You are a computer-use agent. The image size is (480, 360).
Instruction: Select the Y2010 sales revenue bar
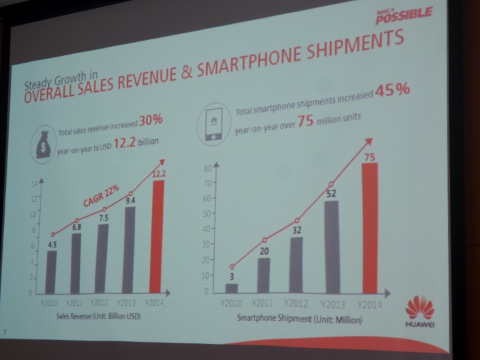point(51,271)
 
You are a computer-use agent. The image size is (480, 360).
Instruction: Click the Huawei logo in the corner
point(419,312)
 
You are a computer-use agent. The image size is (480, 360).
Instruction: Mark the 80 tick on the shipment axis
point(207,168)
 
